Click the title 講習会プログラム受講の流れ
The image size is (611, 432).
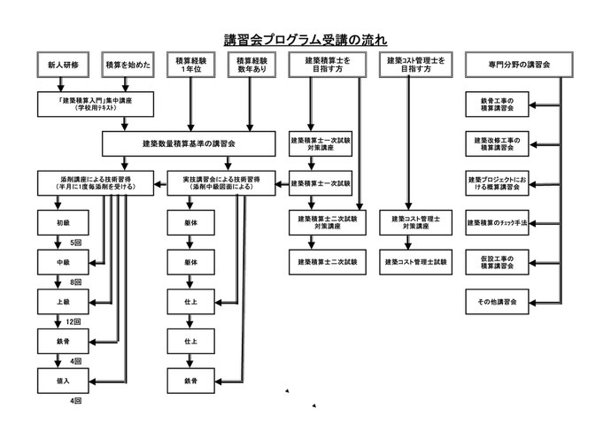tap(305, 40)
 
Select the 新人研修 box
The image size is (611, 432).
tap(63, 65)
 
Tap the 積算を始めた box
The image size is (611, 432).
tap(128, 65)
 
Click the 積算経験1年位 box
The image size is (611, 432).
tap(191, 65)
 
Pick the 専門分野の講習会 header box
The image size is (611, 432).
tap(519, 65)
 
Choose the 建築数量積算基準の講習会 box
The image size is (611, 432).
tap(189, 143)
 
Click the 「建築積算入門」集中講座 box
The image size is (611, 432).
tap(96, 104)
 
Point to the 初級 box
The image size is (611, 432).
tap(63, 223)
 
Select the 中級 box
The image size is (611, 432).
tap(63, 262)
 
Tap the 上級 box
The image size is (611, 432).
tap(63, 302)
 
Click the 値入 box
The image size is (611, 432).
tap(63, 381)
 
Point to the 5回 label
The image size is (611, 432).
tap(76, 243)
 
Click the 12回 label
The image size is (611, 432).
tap(73, 321)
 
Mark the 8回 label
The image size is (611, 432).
tap(76, 282)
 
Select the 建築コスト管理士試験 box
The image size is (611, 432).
tap(416, 262)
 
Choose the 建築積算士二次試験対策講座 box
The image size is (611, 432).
tap(328, 223)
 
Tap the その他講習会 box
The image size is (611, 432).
tap(497, 302)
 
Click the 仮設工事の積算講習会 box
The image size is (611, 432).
tap(497, 262)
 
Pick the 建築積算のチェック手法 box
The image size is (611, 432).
tap(497, 223)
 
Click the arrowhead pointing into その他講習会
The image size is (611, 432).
tap(533, 303)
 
